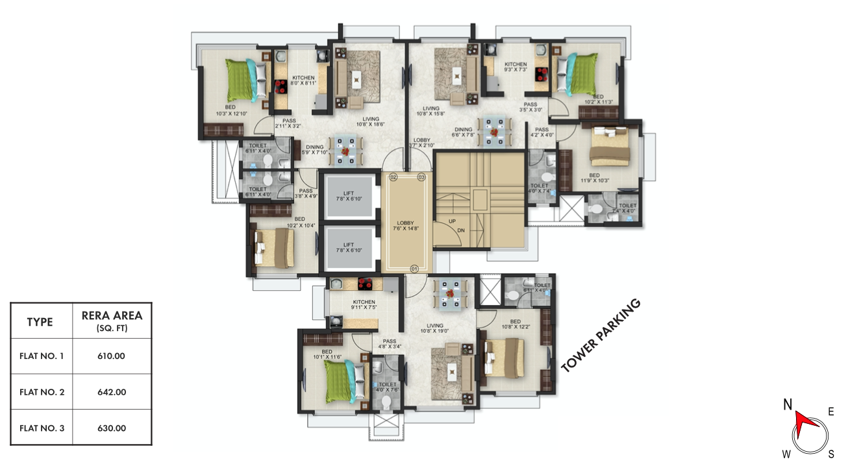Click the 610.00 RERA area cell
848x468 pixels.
[x=112, y=356]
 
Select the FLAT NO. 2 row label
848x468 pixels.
[x=42, y=392]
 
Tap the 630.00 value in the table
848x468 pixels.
[x=112, y=428]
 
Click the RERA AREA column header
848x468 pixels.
[x=112, y=321]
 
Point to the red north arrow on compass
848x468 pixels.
[x=804, y=421]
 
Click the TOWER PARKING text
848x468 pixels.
[x=601, y=336]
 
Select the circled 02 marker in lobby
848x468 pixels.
[x=393, y=177]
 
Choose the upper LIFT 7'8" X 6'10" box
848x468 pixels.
[x=349, y=195]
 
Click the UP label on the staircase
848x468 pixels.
[x=452, y=221]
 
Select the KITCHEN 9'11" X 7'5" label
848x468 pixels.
[x=364, y=304]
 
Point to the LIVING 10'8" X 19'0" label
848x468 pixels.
[x=434, y=329]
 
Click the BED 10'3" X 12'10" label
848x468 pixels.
[x=231, y=110]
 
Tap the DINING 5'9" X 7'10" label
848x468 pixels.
[x=314, y=150]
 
